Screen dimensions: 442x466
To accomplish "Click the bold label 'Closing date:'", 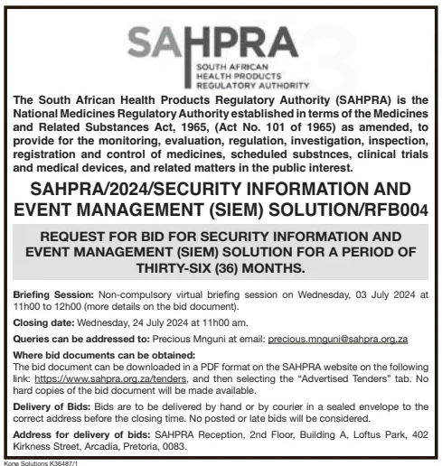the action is click(x=42, y=321).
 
